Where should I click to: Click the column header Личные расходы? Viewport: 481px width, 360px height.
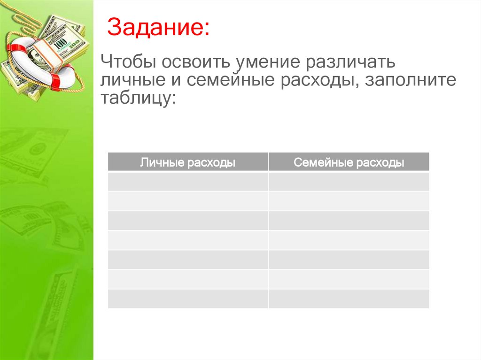188,162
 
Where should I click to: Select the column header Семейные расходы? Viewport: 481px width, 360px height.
349,162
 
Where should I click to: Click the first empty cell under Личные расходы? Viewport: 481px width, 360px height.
188,182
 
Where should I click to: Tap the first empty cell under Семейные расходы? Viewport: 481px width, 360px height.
349,182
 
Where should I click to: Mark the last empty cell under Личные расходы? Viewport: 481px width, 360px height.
188,299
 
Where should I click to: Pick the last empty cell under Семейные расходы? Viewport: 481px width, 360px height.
349,299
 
